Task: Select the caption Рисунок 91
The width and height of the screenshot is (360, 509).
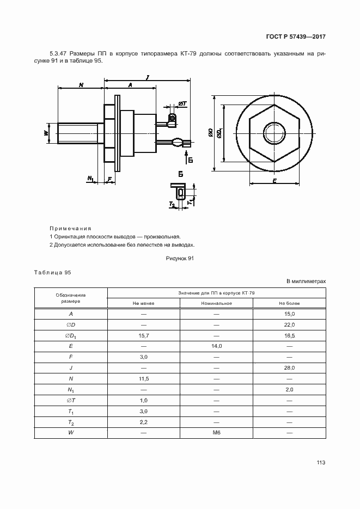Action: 180,259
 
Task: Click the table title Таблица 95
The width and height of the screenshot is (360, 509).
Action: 52,272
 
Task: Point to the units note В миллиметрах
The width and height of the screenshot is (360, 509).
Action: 306,281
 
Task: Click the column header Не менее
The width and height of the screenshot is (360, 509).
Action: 144,303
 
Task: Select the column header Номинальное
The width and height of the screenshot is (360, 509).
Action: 216,303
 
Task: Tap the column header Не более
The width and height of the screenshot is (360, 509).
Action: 289,303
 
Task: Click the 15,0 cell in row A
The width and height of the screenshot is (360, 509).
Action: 289,314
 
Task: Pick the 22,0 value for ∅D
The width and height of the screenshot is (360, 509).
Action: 289,325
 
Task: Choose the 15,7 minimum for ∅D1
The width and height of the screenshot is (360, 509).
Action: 144,336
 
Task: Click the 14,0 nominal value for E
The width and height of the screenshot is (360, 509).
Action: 216,346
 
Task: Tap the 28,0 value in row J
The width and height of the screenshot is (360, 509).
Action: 289,368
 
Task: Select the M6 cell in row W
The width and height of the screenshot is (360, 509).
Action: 216,433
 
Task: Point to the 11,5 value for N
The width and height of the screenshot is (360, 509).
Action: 144,378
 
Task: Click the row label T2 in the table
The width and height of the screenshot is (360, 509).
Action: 71,422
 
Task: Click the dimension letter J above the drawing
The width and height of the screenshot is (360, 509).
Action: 148,78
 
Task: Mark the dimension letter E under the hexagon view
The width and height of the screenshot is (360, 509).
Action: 275,181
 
